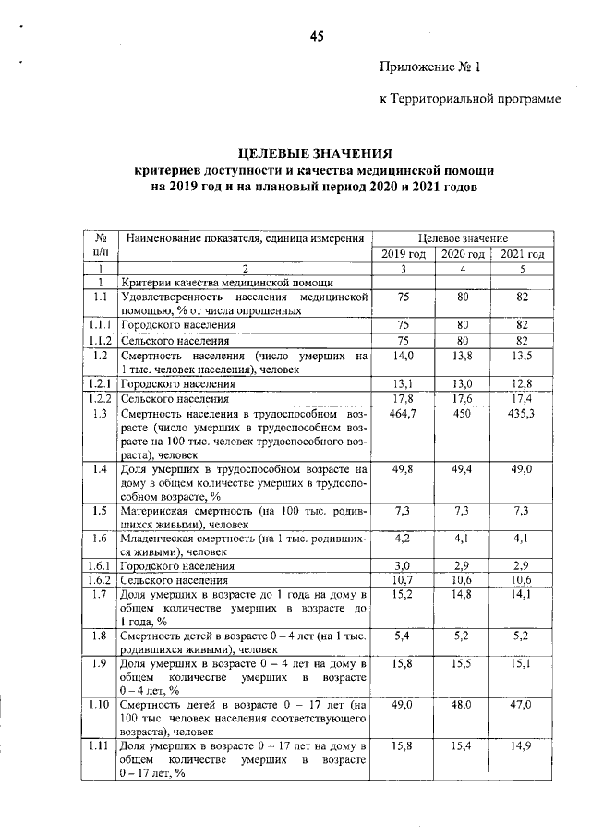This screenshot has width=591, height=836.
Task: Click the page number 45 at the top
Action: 317,37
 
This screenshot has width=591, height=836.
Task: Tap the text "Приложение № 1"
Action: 430,67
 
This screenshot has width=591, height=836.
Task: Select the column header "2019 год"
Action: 403,254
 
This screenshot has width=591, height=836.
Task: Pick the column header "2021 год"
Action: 523,254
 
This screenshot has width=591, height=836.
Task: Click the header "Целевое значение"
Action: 463,238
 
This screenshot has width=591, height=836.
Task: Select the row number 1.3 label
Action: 101,415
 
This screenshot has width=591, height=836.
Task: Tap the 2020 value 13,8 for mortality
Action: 463,356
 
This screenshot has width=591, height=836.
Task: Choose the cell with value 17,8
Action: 403,399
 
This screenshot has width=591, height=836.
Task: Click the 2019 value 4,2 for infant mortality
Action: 403,537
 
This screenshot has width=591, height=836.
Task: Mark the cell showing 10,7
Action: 403,580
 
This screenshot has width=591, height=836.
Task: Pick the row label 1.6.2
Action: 101,580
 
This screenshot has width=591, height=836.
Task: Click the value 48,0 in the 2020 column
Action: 463,704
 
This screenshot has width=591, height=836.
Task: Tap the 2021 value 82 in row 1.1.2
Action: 523,340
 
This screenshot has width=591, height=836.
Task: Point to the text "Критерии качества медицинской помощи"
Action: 226,282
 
